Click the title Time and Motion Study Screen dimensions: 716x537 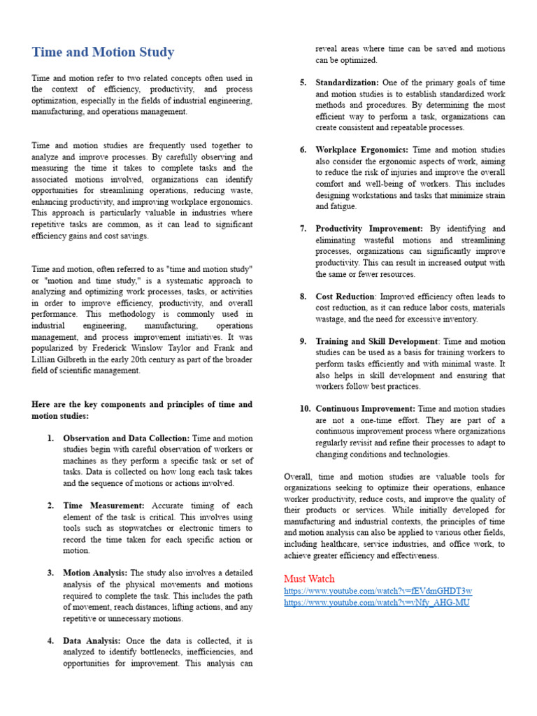103,52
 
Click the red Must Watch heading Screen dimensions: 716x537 309,578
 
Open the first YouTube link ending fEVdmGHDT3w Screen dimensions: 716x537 378,591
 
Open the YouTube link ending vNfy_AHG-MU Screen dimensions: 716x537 377,603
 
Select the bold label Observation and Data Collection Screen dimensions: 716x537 126,438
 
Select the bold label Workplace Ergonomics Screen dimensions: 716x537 363,150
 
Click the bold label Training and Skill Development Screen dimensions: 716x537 377,341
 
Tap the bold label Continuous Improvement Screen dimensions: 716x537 365,408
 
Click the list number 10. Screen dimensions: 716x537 303,408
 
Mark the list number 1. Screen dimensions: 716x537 50,438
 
